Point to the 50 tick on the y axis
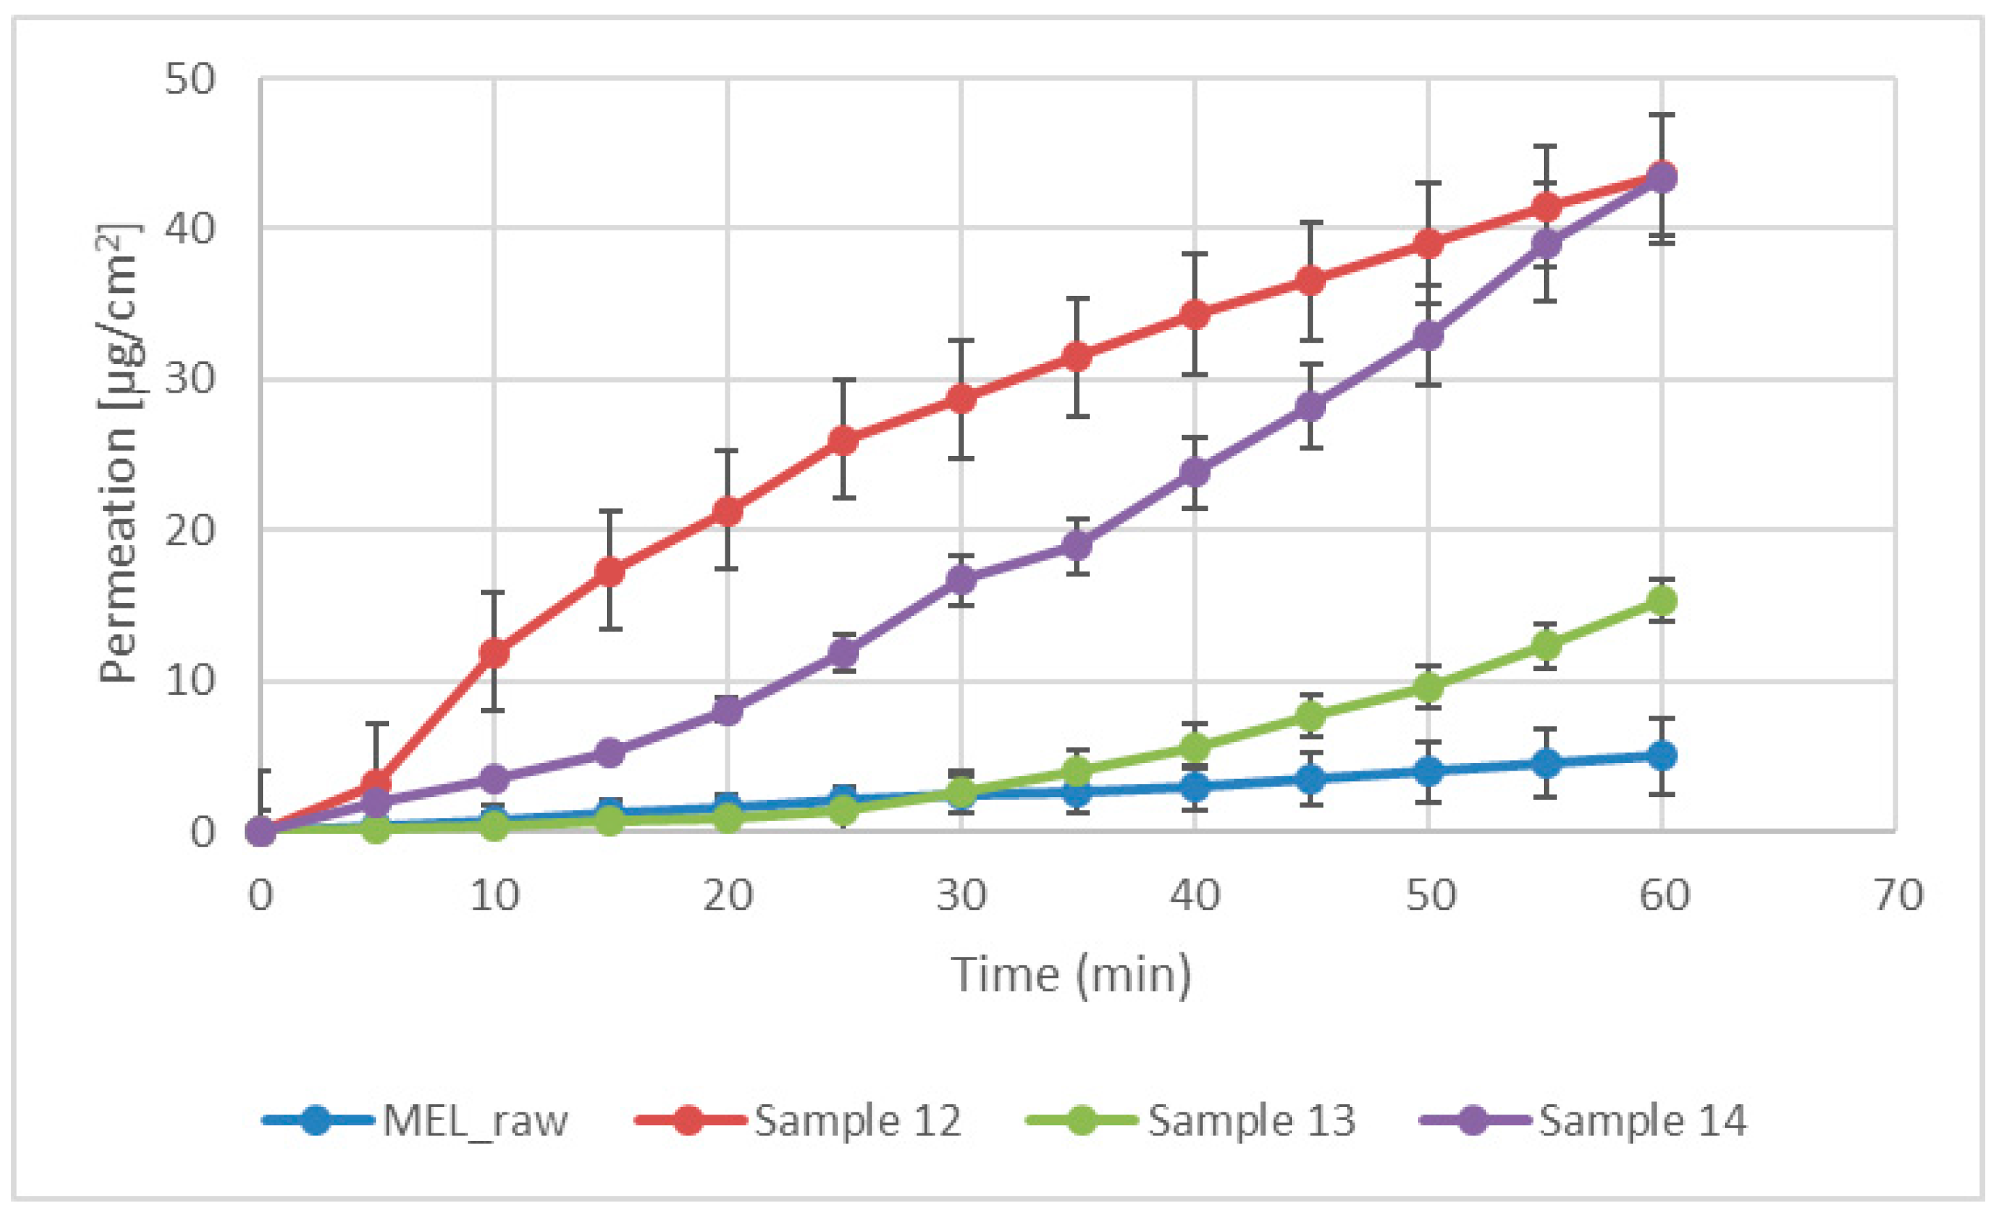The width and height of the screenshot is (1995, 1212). tap(190, 79)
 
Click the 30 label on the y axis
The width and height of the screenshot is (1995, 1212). tap(190, 379)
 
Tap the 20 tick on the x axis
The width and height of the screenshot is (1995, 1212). tap(727, 895)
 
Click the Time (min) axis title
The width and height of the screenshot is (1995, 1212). tap(1071, 973)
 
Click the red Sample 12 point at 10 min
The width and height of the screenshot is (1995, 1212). tap(494, 652)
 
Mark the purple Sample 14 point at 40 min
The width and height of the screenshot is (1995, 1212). tap(1195, 472)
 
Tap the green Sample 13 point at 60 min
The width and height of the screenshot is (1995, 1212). tap(1662, 601)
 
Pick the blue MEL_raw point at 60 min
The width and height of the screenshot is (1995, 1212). tap(1662, 756)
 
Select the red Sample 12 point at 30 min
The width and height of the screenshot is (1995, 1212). tap(961, 398)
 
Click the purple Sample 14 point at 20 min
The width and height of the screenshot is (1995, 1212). tap(727, 711)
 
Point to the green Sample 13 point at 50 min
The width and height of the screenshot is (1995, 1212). tap(1428, 687)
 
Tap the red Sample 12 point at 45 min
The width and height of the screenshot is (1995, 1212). tap(1311, 281)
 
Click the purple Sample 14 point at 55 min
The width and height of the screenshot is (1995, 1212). tap(1545, 243)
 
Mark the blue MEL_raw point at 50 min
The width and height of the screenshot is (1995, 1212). tap(1428, 771)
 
